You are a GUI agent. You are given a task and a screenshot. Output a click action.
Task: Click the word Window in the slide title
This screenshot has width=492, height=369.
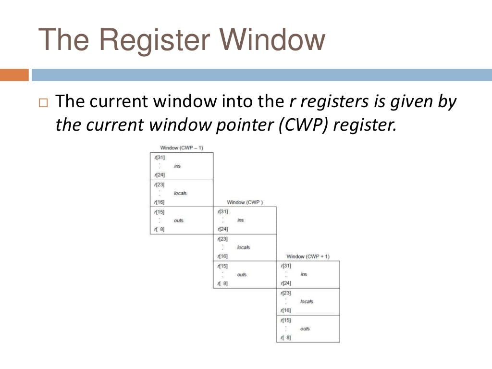pos(272,39)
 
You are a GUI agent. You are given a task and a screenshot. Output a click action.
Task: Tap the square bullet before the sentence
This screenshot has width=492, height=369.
pos(43,103)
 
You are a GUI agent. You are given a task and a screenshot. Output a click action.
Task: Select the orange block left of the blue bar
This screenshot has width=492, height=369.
pos(14,75)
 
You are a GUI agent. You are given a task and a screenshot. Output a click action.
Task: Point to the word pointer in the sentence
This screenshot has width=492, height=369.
pos(245,125)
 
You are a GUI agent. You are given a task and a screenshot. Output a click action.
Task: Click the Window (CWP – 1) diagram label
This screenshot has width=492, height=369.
pos(182,148)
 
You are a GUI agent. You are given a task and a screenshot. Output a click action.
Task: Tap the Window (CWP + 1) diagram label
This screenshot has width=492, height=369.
pos(308,257)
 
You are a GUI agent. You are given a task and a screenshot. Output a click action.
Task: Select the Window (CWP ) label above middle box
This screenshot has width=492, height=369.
pos(245,202)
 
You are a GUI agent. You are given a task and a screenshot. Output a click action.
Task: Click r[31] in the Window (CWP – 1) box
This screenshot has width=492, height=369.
pos(160,158)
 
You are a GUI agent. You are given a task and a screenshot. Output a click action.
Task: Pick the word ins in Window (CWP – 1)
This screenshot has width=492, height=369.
pos(177,166)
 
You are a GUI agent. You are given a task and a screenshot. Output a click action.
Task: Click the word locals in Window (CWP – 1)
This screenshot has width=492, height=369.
pos(180,193)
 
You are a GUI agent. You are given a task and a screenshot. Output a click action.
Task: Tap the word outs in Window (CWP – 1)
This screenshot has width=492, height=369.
pos(179,221)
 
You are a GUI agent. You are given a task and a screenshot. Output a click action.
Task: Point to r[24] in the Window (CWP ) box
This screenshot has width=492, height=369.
pos(222,229)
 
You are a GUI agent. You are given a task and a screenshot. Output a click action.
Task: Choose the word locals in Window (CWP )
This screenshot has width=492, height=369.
pos(244,247)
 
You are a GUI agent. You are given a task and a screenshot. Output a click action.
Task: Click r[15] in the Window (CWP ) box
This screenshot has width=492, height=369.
pos(222,266)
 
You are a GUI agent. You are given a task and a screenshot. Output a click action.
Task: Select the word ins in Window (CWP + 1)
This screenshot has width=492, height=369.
pos(304,274)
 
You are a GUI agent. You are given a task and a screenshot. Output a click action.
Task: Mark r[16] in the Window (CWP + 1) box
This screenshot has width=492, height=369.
pos(286,310)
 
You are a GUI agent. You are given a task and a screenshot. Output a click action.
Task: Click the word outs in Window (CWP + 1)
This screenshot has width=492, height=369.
pos(305,329)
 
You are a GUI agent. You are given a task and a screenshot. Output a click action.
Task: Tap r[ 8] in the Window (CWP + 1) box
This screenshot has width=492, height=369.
pos(285,338)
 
